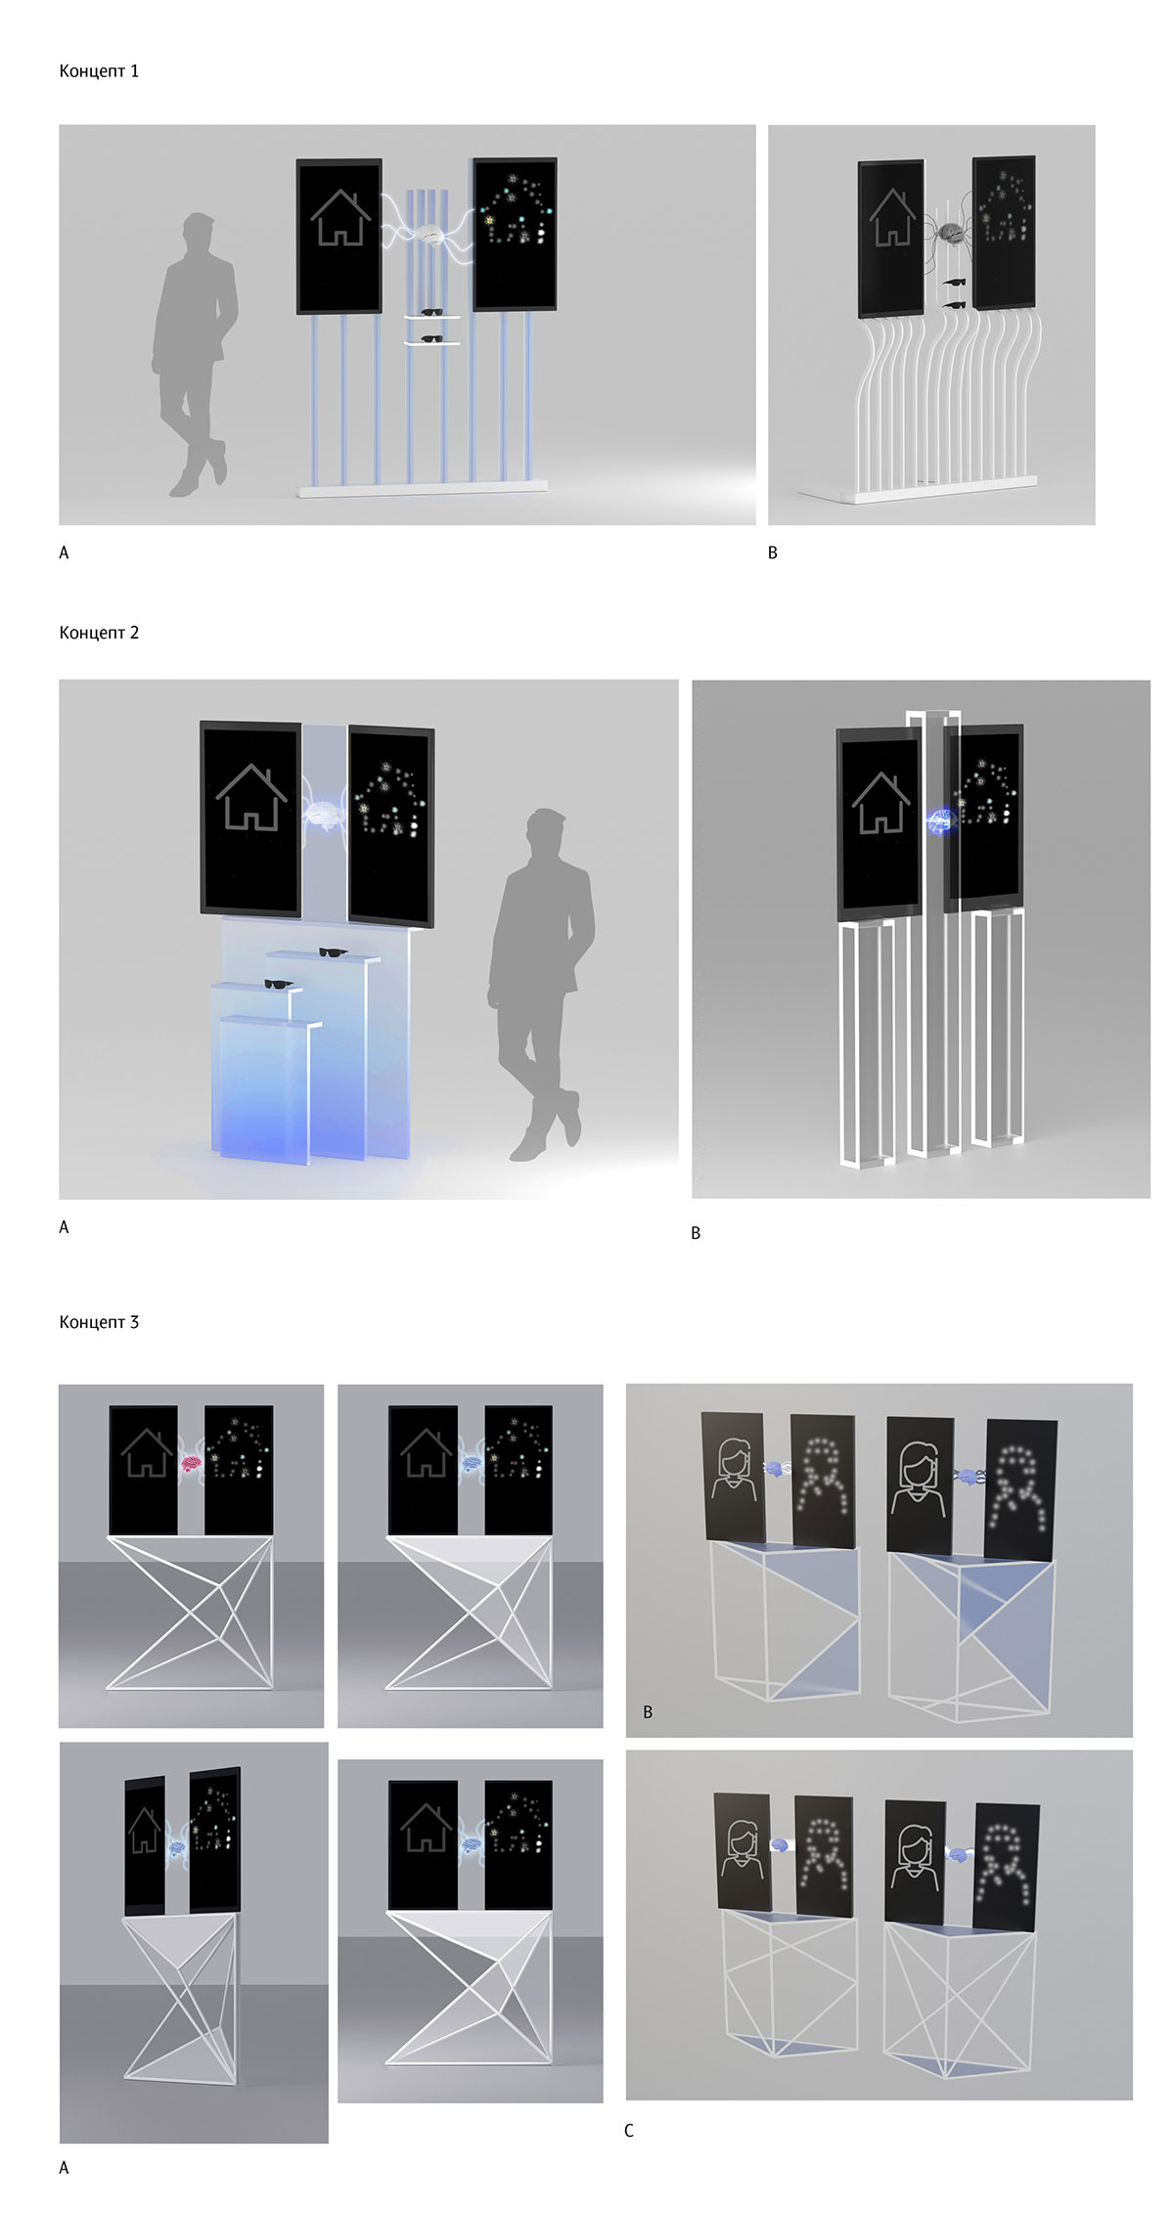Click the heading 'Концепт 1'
pyautogui.click(x=99, y=71)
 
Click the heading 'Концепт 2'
pyautogui.click(x=99, y=633)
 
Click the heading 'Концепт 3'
pyautogui.click(x=99, y=1322)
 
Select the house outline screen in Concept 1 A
pyautogui.click(x=339, y=236)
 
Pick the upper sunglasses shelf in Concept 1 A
pyautogui.click(x=431, y=315)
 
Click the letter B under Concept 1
pyautogui.click(x=773, y=553)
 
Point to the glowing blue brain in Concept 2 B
pyautogui.click(x=939, y=820)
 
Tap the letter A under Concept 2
pyautogui.click(x=65, y=1227)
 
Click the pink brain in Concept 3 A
pyautogui.click(x=191, y=1464)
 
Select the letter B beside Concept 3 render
pyautogui.click(x=648, y=1712)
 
